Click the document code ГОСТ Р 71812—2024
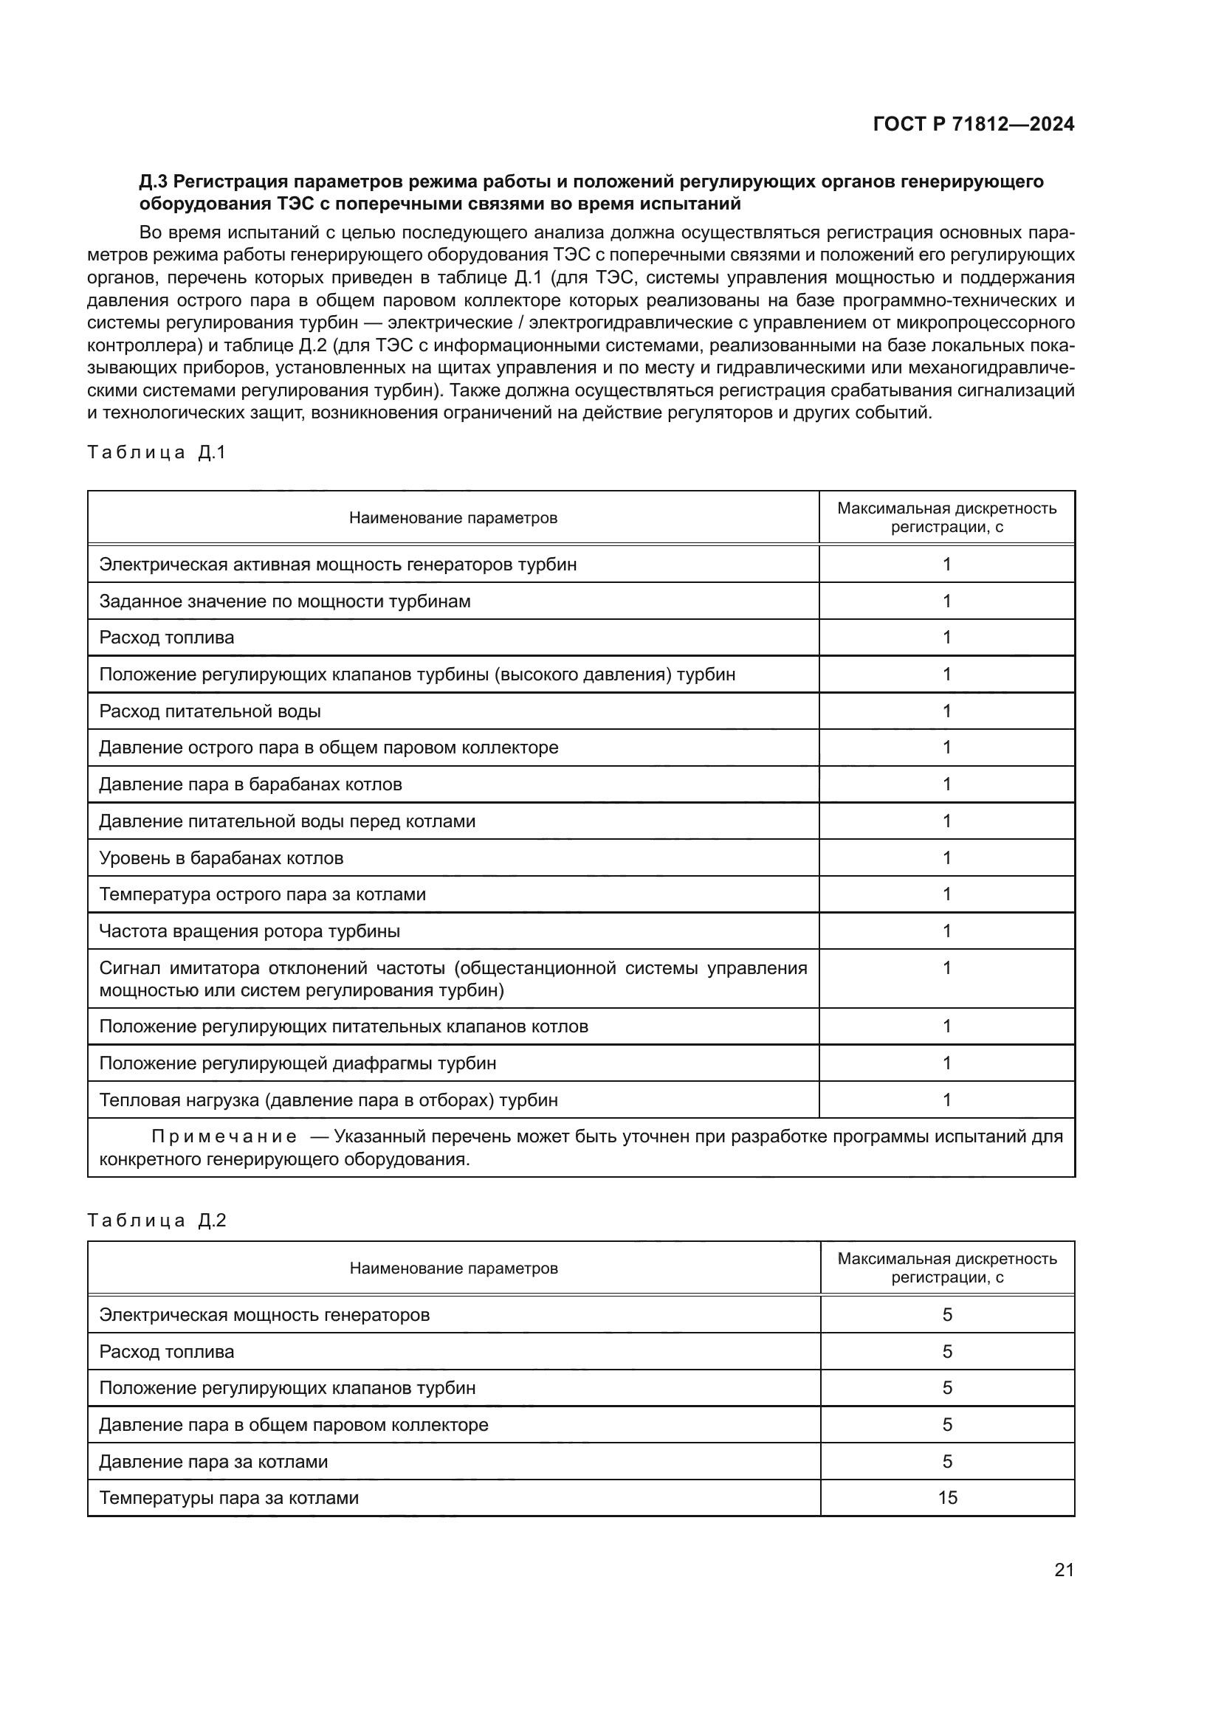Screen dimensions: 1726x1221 973,125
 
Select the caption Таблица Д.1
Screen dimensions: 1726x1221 157,452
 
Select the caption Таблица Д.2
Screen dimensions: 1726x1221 157,1219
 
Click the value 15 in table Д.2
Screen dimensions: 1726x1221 947,1497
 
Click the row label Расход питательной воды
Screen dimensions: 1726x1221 210,711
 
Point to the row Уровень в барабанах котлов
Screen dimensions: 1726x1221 221,857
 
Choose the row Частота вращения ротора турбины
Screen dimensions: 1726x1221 250,931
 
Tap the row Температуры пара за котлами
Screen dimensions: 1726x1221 229,1497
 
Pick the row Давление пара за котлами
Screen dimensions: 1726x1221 213,1461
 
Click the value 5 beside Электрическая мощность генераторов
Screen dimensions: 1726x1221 947,1315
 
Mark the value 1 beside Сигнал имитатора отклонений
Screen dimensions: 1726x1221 947,967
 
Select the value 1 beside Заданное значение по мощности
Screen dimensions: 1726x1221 947,601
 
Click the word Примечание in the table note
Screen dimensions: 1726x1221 224,1136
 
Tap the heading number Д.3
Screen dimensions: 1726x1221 154,182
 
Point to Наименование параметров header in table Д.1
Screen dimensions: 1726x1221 453,518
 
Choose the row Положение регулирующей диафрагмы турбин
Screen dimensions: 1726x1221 297,1063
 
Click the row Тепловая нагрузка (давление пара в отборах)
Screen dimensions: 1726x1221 329,1100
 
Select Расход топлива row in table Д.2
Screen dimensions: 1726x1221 167,1352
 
